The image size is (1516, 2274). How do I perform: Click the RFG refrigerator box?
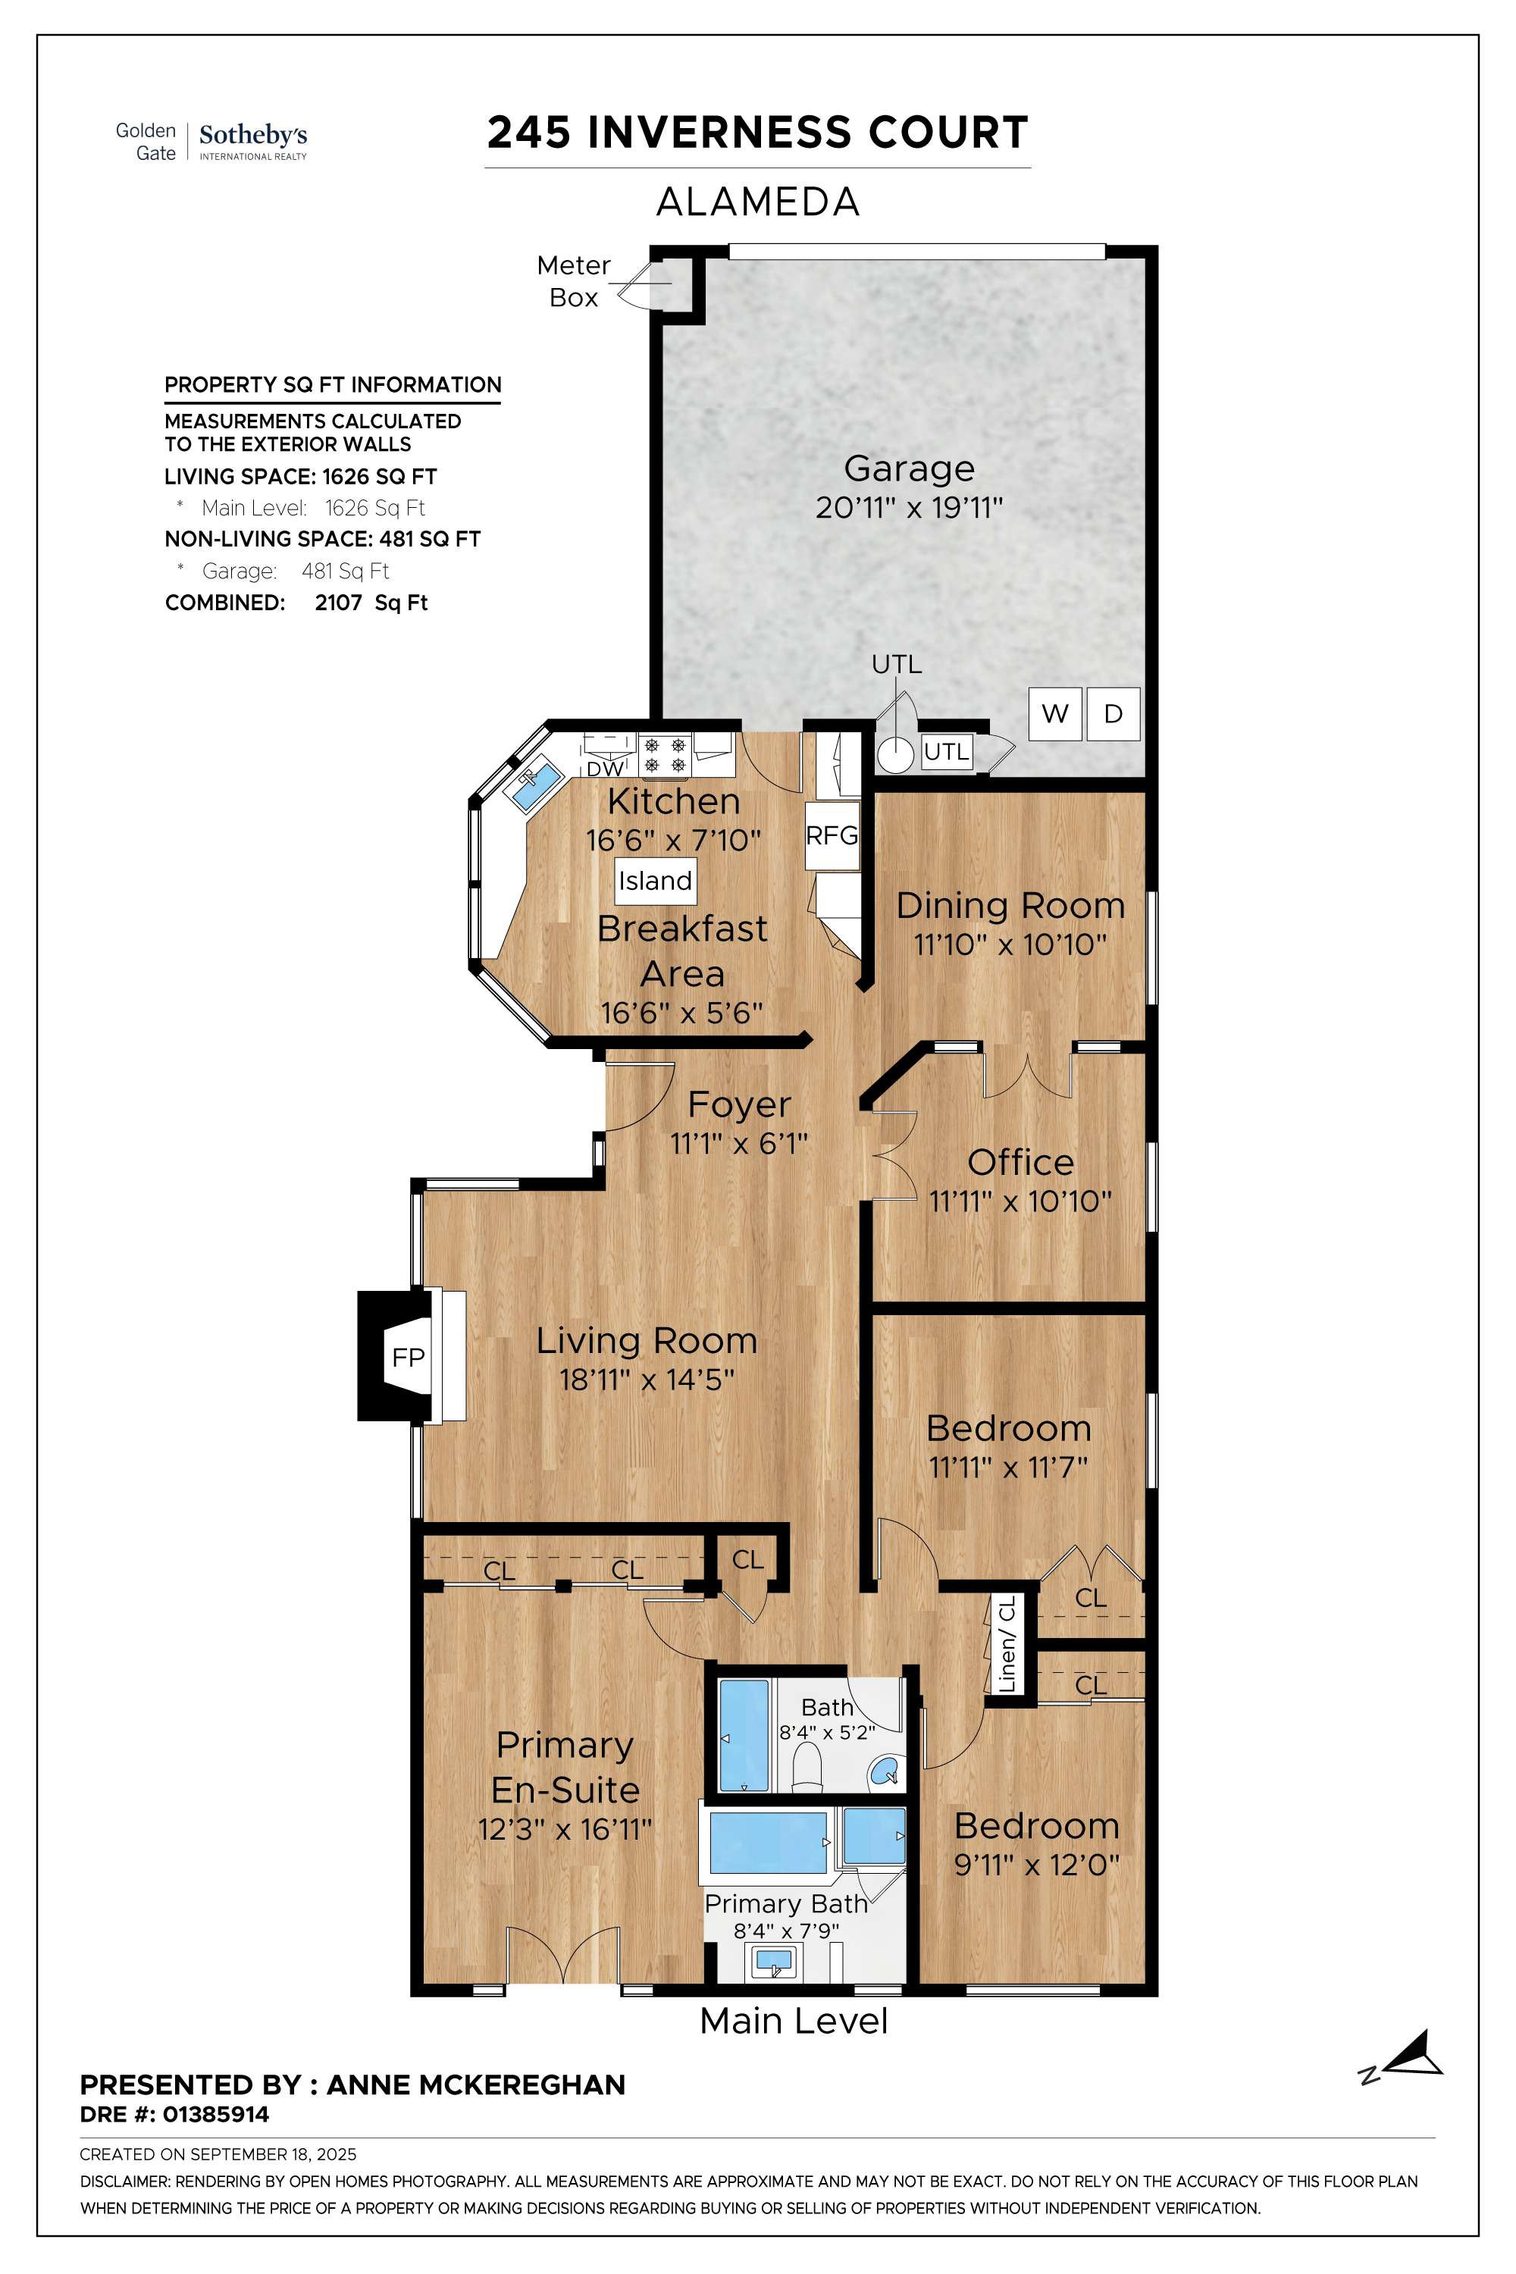click(832, 835)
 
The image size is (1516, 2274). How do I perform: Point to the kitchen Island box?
click(656, 881)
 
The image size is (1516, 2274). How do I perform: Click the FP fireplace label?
click(408, 1358)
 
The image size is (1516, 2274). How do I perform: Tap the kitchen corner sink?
click(534, 786)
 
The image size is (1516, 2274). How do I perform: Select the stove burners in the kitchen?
click(666, 755)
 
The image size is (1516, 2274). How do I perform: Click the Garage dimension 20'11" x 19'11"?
click(909, 508)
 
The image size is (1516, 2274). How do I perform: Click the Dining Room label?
click(1010, 906)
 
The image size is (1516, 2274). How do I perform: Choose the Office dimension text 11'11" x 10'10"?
click(1020, 1201)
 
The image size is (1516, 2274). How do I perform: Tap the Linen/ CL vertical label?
click(1007, 1643)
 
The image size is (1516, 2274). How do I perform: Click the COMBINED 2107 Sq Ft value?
click(371, 603)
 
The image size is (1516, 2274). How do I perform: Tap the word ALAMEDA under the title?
click(758, 202)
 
